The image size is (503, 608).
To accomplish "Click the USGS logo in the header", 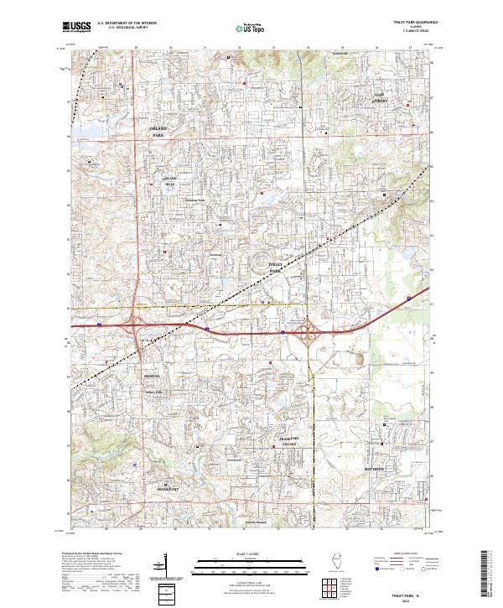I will click(77, 27).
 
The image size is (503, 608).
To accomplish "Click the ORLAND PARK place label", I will click(159, 132).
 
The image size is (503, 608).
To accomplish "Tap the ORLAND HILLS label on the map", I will click(170, 181).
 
